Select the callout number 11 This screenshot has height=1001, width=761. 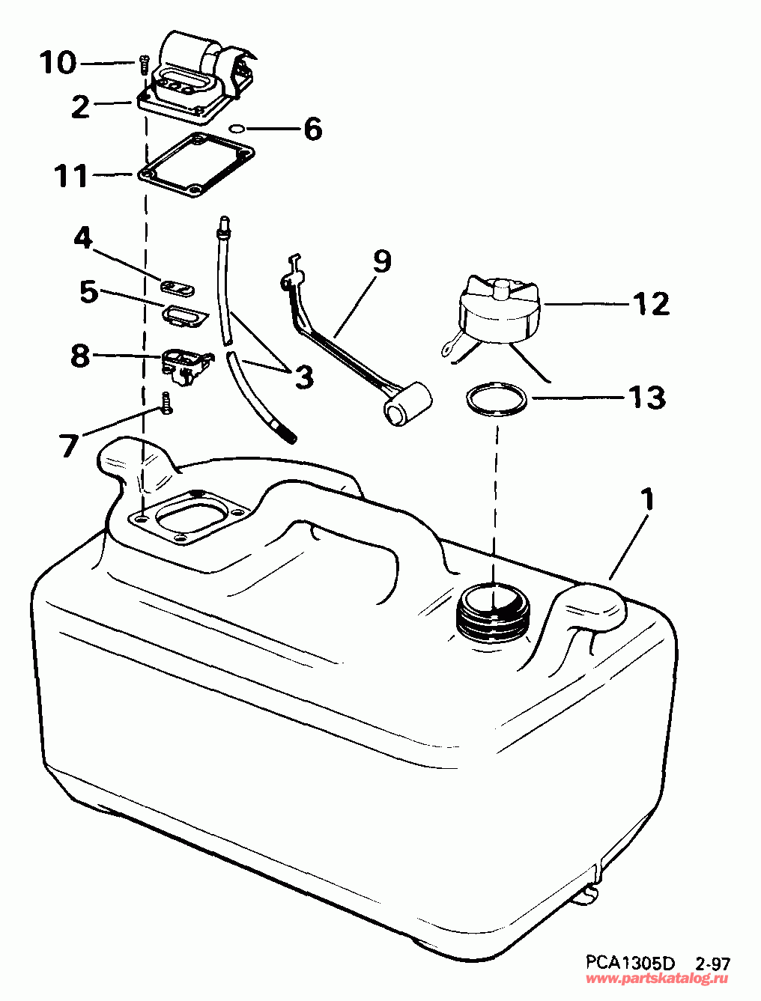point(71,177)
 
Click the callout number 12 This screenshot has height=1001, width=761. point(649,303)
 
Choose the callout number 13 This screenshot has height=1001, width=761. point(646,397)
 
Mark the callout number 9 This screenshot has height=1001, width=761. point(380,261)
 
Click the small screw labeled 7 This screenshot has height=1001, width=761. point(166,403)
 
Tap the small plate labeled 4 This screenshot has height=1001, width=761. point(178,286)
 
